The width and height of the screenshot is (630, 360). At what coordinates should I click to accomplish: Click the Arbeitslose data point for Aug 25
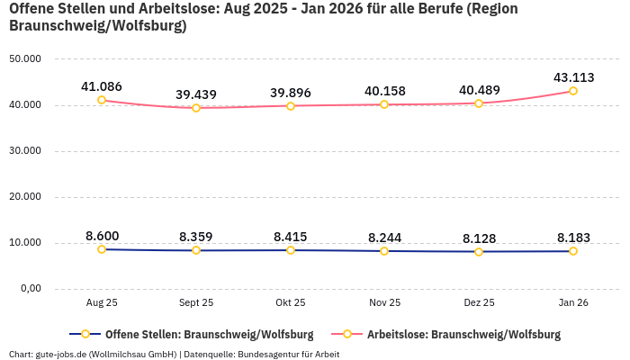pyautogui.click(x=102, y=100)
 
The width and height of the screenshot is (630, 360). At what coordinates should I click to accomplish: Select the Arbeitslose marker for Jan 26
pyautogui.click(x=573, y=91)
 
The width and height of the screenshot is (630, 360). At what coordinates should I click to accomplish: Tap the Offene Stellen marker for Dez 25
pyautogui.click(x=479, y=252)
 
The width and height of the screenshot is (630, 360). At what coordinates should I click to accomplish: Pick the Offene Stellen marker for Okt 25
pyautogui.click(x=291, y=250)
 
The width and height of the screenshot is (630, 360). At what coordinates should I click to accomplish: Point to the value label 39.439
pyautogui.click(x=196, y=94)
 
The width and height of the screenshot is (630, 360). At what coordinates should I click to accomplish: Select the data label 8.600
pyautogui.click(x=102, y=236)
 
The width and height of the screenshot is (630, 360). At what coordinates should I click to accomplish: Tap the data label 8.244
pyautogui.click(x=384, y=238)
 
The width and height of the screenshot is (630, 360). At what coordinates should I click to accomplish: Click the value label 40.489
pyautogui.click(x=479, y=89)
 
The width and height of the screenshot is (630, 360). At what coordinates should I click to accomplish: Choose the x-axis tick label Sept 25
pyautogui.click(x=196, y=303)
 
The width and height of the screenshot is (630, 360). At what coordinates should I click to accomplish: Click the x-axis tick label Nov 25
pyautogui.click(x=384, y=303)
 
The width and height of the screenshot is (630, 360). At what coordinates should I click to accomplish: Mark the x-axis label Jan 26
pyautogui.click(x=573, y=303)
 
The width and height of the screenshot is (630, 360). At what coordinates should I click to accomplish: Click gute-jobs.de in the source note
pyautogui.click(x=55, y=354)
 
